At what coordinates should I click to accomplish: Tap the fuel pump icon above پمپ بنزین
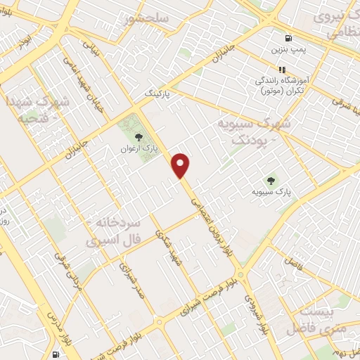[x=287, y=39]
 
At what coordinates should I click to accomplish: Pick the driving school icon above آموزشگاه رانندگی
[x=282, y=70]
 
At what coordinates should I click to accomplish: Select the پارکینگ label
[x=158, y=92]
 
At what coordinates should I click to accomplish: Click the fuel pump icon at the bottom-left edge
[x=56, y=355]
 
